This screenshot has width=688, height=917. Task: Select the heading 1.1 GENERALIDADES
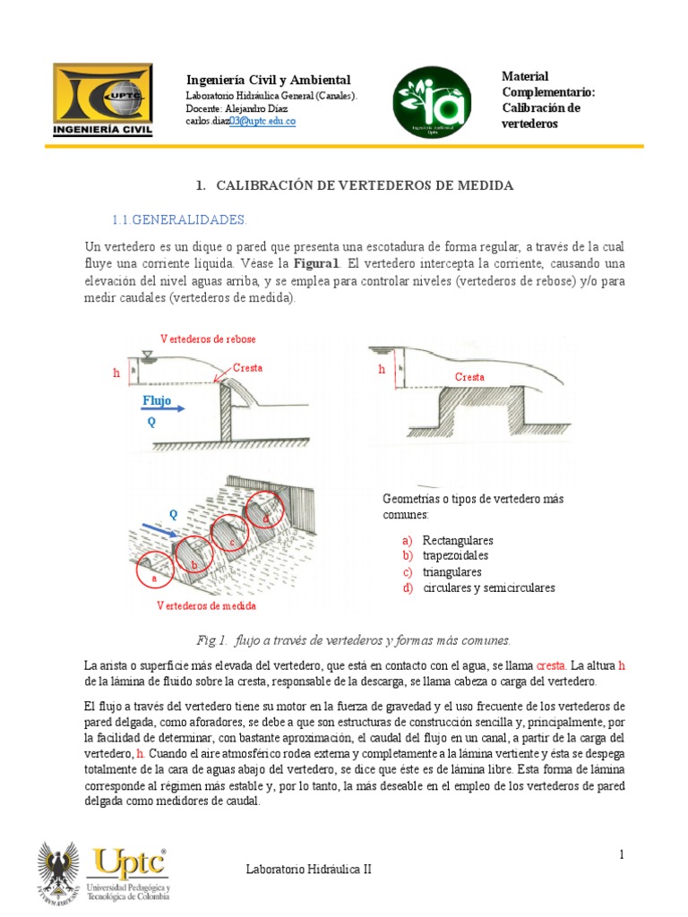(x=178, y=219)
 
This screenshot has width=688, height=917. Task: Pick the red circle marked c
(x=231, y=536)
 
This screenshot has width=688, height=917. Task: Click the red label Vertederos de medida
(x=206, y=605)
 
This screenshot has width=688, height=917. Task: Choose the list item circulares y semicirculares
(x=488, y=588)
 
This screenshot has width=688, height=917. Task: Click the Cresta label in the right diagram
(x=469, y=377)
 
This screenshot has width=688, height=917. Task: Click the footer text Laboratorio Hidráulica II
(x=307, y=870)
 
